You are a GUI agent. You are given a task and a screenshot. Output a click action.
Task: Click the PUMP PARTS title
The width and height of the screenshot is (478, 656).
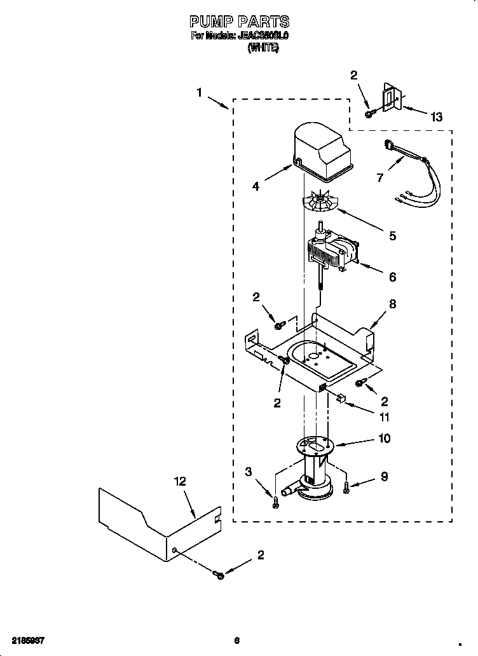240,23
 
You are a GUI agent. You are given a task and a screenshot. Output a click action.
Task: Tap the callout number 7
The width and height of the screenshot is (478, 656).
380,178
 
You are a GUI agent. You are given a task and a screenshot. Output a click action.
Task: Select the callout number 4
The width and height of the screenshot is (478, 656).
256,187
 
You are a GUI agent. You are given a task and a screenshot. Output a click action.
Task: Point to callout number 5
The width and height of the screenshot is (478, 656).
392,236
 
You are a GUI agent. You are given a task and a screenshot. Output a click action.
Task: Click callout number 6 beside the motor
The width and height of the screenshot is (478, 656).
392,277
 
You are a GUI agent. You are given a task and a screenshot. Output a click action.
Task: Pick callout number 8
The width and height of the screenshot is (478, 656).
392,304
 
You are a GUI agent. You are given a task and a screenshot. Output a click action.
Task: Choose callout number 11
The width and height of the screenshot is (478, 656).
384,418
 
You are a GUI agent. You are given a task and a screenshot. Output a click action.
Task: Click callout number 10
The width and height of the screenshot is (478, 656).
384,439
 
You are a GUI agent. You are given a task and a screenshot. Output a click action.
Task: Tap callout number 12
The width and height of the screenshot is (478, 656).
180,481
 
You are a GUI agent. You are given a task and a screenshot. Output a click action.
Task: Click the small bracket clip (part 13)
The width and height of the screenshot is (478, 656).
389,98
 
